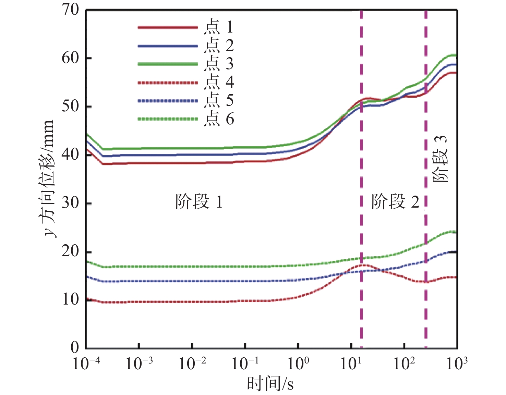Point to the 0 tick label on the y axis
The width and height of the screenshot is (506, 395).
(x=75, y=348)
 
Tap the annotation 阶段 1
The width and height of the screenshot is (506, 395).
(x=199, y=202)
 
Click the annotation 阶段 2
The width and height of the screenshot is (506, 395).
(x=395, y=202)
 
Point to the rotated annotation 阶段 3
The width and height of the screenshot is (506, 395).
(x=440, y=159)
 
